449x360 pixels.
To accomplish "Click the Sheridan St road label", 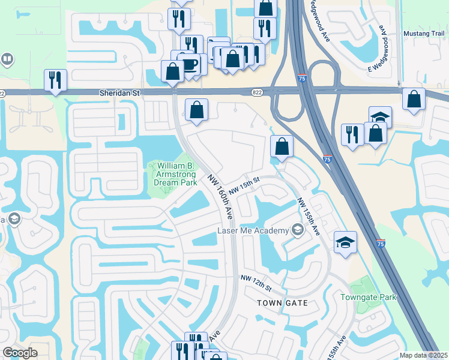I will [119, 93].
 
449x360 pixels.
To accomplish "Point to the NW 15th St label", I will [244, 184].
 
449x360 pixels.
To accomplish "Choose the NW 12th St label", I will [256, 282].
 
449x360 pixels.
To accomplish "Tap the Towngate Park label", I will [369, 297].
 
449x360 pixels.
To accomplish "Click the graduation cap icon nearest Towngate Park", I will [345, 242].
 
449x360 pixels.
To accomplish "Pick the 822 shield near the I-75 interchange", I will [257, 92].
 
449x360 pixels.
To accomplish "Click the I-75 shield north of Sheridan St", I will [301, 78].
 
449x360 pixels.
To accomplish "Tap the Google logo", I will [20, 353].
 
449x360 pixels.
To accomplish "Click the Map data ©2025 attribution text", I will [423, 355].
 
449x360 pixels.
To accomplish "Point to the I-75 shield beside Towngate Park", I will [381, 244].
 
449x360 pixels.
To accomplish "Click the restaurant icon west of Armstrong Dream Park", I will [55, 80].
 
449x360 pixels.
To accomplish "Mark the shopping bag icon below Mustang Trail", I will [414, 99].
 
